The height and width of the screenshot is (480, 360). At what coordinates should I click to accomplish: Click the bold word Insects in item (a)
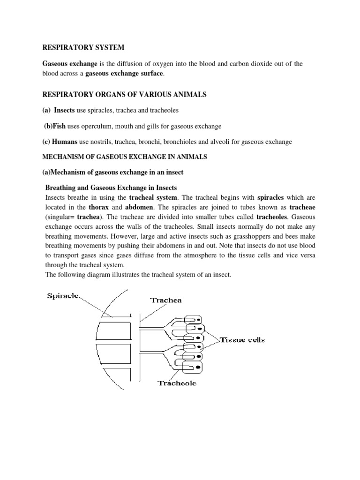tap(65, 110)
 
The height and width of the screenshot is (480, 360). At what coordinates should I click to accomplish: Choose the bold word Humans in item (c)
tap(66, 142)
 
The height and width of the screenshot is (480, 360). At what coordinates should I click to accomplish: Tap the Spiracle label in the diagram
tap(63, 296)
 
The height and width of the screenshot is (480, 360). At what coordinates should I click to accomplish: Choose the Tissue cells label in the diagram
tap(242, 340)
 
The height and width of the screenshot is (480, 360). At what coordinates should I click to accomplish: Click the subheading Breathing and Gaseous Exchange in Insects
tap(111, 187)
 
